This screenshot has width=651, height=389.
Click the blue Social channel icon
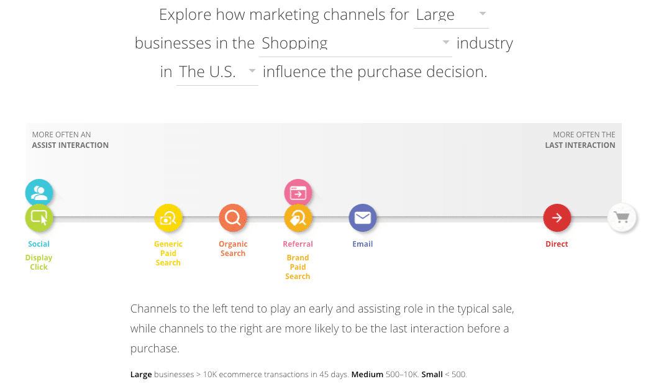point(39,192)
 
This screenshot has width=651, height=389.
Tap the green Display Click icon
point(39,217)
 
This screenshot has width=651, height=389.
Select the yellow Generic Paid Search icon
point(168,217)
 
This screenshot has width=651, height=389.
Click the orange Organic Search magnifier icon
point(233,217)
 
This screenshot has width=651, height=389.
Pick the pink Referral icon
point(298,193)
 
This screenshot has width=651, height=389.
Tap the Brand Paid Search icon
point(298,218)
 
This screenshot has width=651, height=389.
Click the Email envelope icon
point(363,217)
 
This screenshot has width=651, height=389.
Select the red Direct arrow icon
point(557,217)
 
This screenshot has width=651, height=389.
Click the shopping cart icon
point(622,217)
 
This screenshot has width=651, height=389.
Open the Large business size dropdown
point(451,15)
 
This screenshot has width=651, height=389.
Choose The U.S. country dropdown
point(217,71)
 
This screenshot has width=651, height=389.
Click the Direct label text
point(557,244)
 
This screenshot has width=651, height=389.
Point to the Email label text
point(363,244)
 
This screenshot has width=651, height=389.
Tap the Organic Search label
point(233,249)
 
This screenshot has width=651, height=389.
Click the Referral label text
point(298,244)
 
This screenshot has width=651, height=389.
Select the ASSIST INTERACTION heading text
point(70,145)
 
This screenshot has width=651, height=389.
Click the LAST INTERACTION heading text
point(580,145)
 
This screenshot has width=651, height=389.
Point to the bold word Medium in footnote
point(367,375)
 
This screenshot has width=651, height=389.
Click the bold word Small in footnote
point(432,375)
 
